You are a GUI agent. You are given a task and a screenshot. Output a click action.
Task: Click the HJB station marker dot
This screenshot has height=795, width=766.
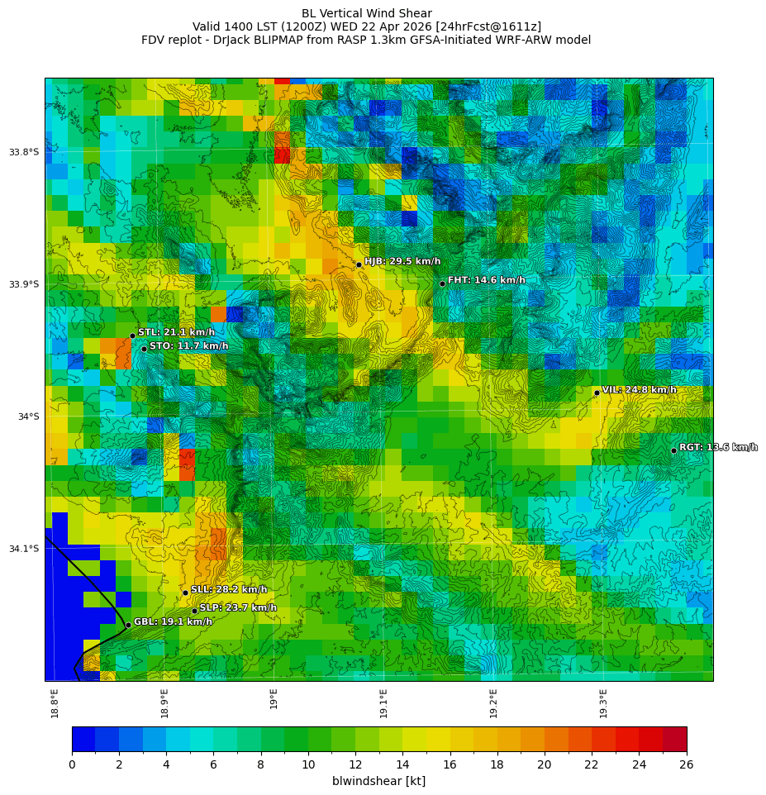[x=359, y=264]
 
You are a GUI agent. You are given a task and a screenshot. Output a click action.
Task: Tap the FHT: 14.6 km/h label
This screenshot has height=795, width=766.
[x=486, y=280]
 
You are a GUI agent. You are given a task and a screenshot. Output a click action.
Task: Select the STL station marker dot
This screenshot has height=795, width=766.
[x=132, y=336]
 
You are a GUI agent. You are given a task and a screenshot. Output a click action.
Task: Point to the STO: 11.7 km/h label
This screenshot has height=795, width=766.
[x=188, y=346]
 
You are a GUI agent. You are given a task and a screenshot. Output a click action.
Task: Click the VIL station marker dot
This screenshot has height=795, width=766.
[x=597, y=393]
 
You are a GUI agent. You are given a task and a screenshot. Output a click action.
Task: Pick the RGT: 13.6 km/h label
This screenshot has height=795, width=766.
[x=718, y=447]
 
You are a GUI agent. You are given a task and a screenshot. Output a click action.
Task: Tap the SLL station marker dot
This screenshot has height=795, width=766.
[x=185, y=593]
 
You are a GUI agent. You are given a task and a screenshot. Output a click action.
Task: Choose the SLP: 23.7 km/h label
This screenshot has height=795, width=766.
[x=238, y=607]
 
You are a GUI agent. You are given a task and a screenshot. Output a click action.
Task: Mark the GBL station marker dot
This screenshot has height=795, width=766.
[x=128, y=625]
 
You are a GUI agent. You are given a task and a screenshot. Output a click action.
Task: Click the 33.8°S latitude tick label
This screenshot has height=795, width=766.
[x=24, y=152]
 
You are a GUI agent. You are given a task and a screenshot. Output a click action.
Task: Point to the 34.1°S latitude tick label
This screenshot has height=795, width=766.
[x=24, y=549]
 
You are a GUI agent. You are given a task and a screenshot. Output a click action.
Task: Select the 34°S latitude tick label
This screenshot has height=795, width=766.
[x=28, y=417]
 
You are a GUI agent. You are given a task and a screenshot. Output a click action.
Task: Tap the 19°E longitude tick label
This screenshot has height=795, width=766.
[x=274, y=698]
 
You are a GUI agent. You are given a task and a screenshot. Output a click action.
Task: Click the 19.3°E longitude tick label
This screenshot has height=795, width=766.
[x=603, y=702]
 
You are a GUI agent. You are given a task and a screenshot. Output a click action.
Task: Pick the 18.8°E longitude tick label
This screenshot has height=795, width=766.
[x=55, y=702]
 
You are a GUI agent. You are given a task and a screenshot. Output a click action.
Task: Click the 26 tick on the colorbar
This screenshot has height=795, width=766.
[x=686, y=764]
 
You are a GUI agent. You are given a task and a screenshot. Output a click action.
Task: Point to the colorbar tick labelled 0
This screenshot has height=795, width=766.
[x=72, y=764]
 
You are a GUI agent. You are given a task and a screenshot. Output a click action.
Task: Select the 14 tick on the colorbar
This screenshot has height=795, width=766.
[x=403, y=764]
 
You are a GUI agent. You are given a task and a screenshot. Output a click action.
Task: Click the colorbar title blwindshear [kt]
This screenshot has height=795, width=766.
[x=378, y=781]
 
